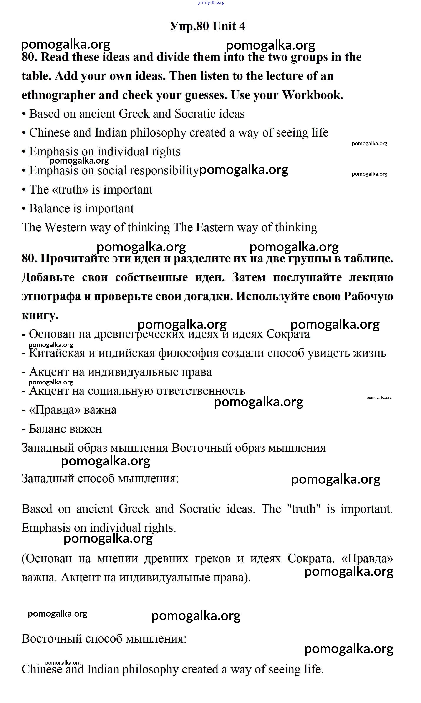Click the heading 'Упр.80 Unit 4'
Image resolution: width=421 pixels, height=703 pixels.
[207, 26]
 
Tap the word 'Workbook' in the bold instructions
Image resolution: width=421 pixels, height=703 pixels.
[312, 95]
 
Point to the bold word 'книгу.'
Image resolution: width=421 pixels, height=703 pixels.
[40, 315]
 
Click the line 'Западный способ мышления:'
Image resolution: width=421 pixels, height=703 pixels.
[100, 478]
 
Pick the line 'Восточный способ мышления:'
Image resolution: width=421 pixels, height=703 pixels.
[104, 639]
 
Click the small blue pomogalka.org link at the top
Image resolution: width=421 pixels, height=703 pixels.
[210, 3]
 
